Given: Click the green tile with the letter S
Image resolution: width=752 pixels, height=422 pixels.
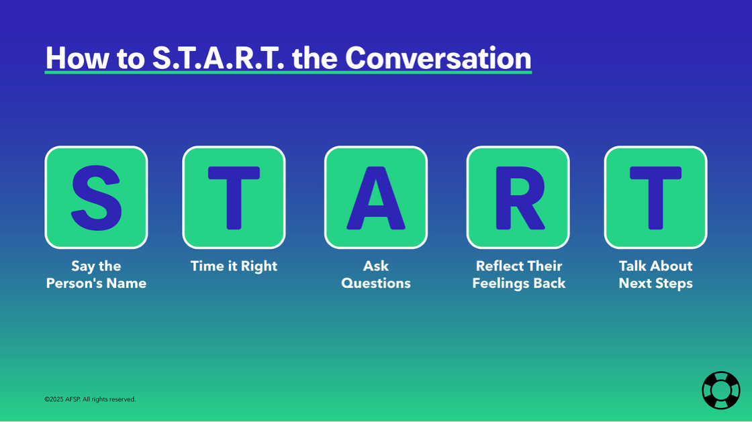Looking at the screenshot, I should (x=96, y=197).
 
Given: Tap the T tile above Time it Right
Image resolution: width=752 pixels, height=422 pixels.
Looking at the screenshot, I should (x=234, y=197).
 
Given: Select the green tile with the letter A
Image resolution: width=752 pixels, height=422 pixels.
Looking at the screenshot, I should (x=375, y=197).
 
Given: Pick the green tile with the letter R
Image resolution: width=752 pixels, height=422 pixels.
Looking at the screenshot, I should (x=518, y=197).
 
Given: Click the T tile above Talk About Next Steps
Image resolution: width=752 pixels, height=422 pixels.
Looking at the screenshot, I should (x=655, y=197).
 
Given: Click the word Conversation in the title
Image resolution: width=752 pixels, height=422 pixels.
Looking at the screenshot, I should (x=438, y=58).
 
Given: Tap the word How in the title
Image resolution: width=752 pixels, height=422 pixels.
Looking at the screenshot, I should (x=73, y=58).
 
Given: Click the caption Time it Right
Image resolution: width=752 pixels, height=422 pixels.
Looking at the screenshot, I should (x=234, y=266).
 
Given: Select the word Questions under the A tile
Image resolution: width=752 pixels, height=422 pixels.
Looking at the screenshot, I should (x=375, y=283).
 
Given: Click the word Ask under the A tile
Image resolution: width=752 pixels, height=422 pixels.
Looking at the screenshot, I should (x=375, y=266).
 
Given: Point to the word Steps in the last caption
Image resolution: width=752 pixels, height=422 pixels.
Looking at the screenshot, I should (x=673, y=283).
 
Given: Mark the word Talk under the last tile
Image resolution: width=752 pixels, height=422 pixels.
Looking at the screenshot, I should (x=633, y=266).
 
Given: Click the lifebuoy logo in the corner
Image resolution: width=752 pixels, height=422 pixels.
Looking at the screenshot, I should (x=720, y=390).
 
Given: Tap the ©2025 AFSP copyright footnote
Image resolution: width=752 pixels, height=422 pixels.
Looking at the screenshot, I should (x=90, y=399).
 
